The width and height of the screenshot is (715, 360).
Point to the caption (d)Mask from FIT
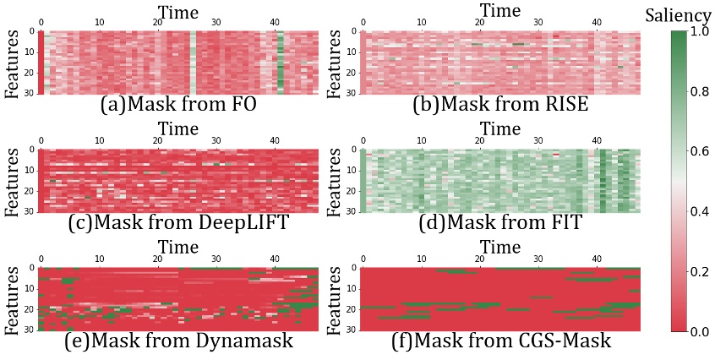500,224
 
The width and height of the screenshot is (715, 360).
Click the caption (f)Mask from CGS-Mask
500,343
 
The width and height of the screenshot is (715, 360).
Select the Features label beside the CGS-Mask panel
336,300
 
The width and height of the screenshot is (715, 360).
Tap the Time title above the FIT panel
500,128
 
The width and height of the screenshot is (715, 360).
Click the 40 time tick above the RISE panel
597,21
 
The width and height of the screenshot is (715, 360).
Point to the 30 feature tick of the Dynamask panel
31,330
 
